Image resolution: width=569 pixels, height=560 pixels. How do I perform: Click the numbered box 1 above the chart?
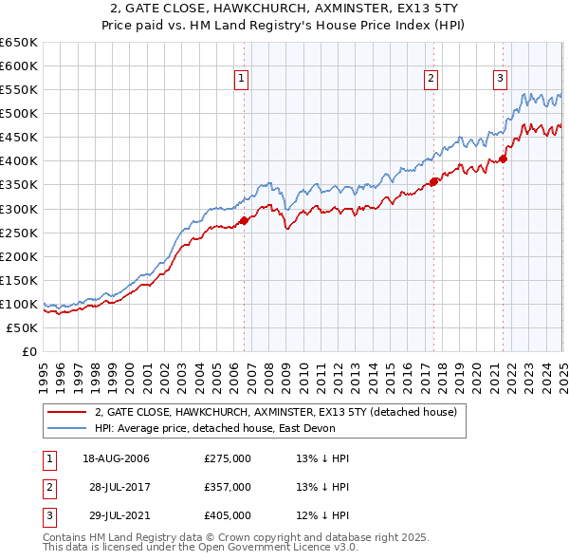[242, 80]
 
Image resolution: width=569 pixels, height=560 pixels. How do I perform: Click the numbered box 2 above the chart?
[431, 80]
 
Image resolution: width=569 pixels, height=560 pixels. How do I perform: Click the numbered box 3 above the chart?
[500, 80]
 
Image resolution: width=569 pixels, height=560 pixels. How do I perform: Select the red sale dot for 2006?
[244, 220]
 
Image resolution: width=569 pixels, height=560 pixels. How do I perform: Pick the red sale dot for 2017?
[433, 181]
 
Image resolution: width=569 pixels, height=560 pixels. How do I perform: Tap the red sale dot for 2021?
[503, 159]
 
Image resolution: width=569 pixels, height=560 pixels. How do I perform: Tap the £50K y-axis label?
[23, 327]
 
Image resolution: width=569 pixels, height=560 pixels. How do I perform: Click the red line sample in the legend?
[66, 412]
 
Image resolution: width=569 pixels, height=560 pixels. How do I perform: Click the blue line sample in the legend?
[66, 428]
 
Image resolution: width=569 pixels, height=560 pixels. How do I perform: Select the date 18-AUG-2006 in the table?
[116, 458]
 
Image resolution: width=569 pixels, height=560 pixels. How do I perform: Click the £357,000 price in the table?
[227, 487]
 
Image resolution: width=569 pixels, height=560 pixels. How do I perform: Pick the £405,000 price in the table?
[227, 515]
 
